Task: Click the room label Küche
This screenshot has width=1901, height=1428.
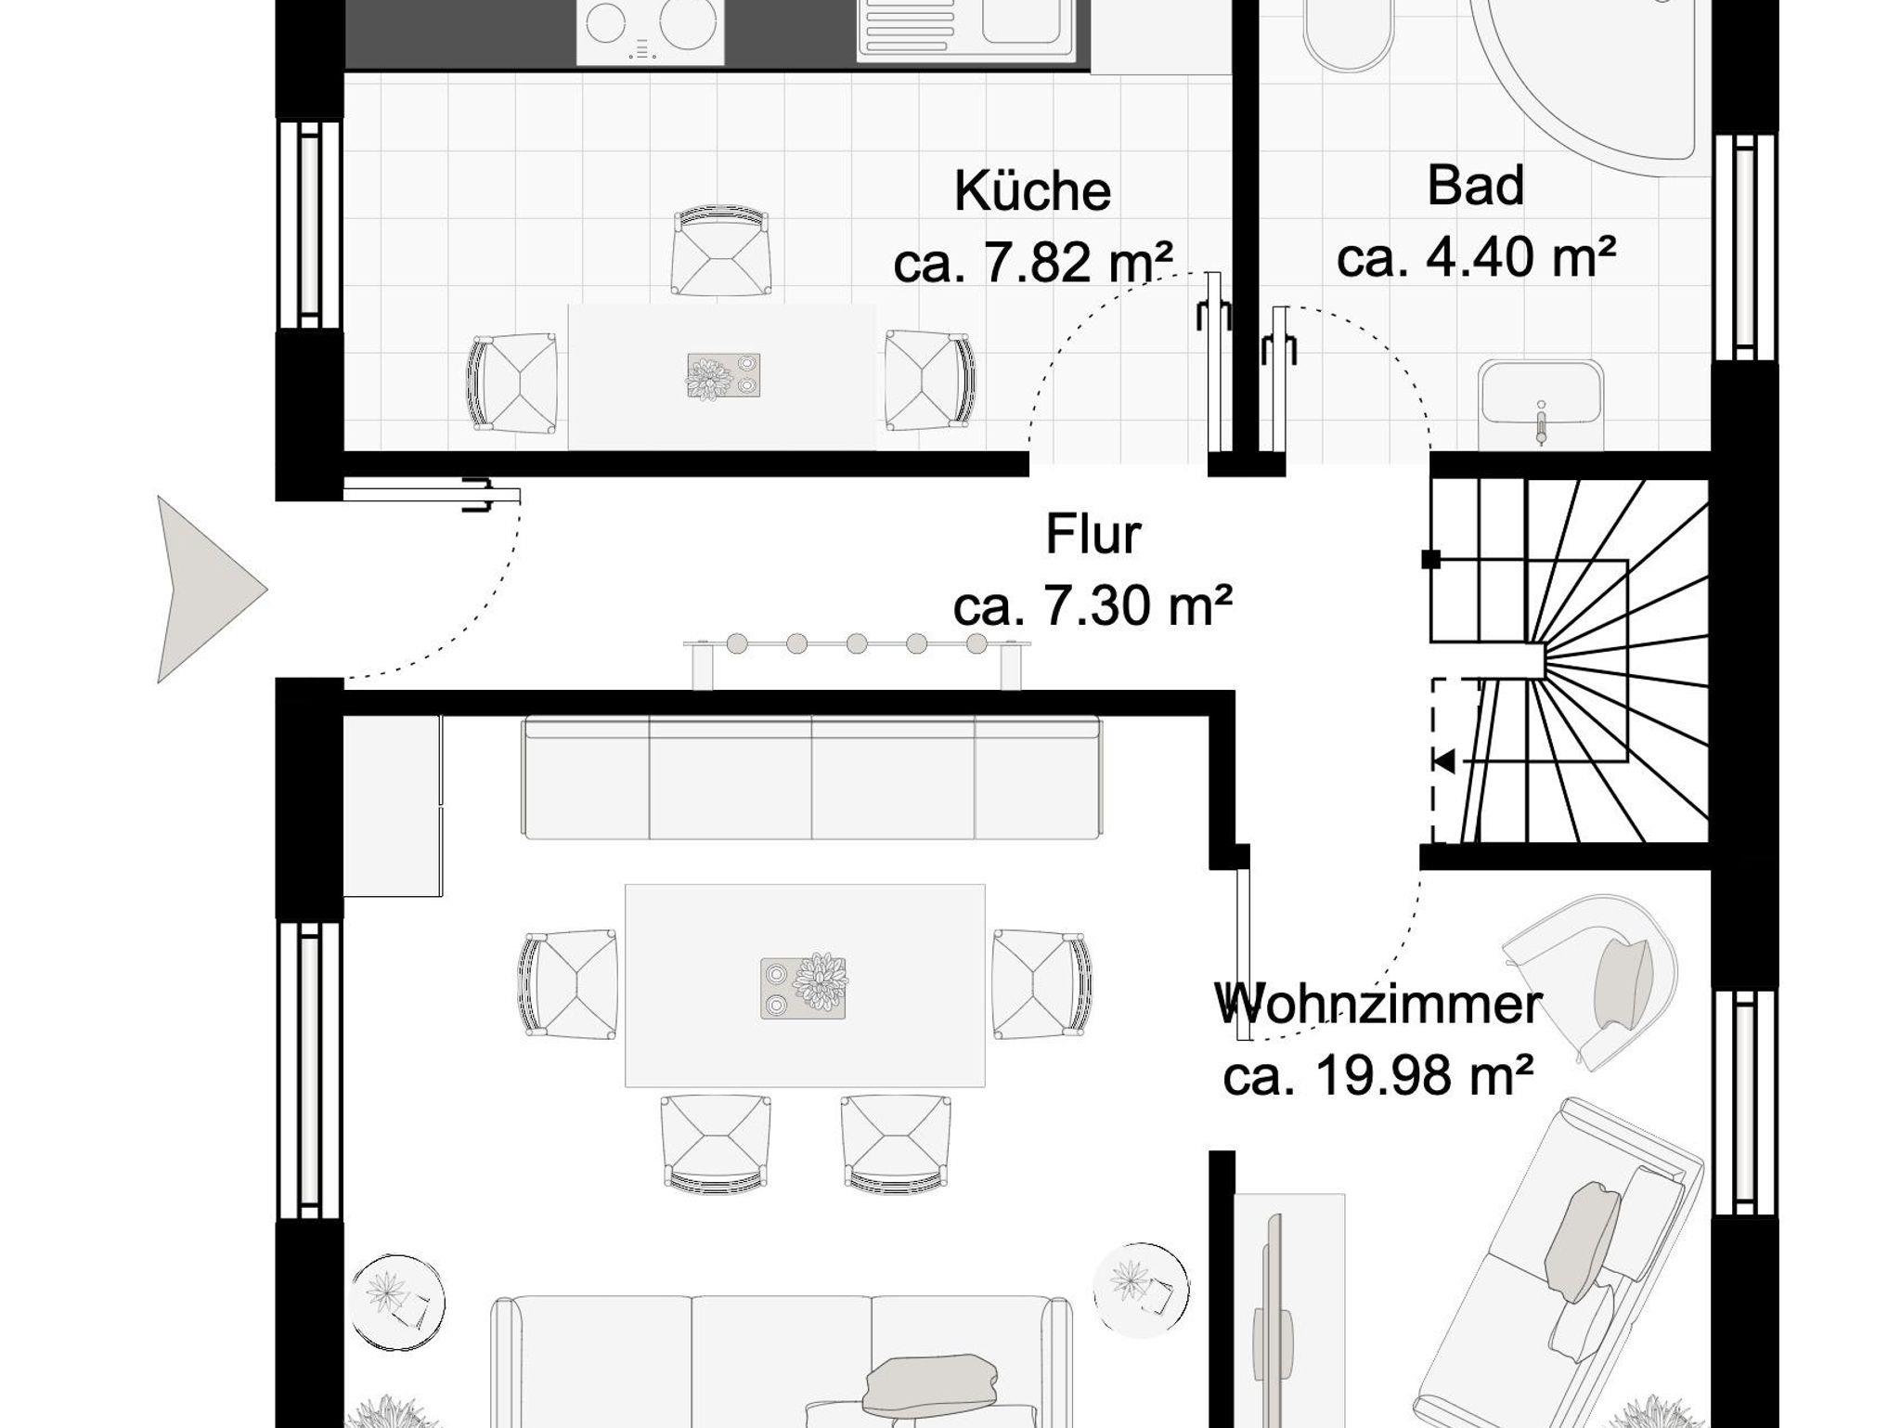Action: point(1032,191)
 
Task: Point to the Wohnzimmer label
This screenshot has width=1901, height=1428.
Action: point(1378,1005)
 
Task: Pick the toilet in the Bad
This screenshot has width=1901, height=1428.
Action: point(1348,33)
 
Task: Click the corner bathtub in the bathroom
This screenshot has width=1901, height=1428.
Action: point(1587,74)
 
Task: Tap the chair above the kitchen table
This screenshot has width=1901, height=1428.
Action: point(721,252)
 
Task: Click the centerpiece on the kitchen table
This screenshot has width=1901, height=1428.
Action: point(723,376)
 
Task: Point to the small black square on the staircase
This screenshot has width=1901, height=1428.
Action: point(1430,559)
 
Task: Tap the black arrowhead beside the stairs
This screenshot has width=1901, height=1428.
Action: point(1443,762)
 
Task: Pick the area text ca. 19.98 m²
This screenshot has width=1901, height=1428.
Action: point(1377,1075)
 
